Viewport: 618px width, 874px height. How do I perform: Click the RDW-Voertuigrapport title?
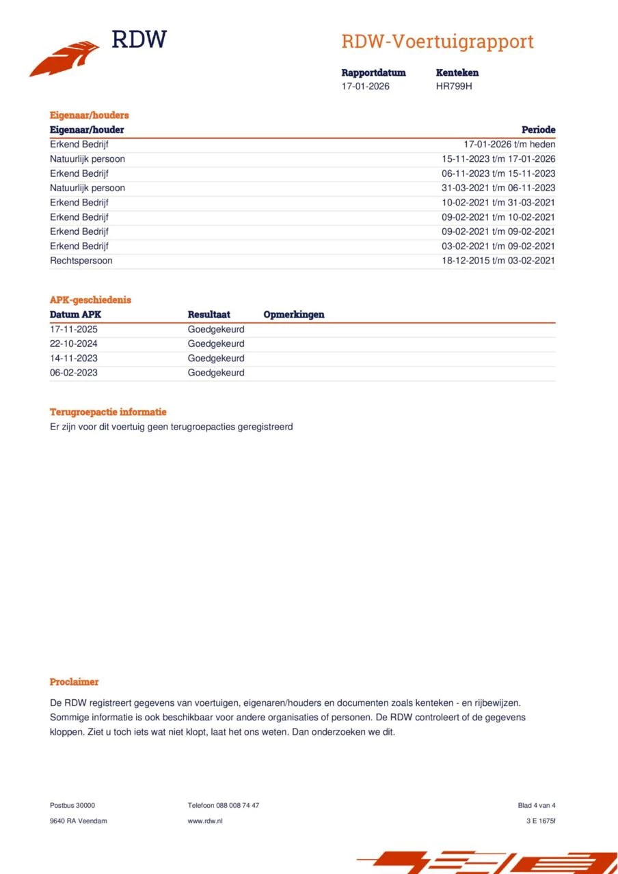[437, 42]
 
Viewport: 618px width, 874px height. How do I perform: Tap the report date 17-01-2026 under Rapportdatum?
[365, 87]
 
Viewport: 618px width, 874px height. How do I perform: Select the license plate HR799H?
[454, 87]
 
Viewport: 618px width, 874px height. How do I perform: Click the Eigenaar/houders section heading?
[89, 115]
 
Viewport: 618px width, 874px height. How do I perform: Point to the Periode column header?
[538, 130]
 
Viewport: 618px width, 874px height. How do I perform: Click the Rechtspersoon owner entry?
[81, 261]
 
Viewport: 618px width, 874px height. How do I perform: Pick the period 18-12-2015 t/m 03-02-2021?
[498, 261]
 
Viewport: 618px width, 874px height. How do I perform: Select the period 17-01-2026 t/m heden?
[509, 145]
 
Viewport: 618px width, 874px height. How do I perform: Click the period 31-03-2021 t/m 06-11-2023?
[498, 188]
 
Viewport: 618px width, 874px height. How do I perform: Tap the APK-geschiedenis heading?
[90, 300]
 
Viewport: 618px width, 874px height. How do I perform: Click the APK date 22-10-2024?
[73, 344]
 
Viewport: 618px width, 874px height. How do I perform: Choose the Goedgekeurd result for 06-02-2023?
[215, 373]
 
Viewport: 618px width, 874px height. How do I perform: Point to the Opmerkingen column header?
[293, 315]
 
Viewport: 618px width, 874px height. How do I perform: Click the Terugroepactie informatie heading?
[108, 412]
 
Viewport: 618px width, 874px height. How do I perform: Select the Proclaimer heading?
[74, 682]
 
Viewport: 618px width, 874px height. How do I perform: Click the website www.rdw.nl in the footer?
[204, 821]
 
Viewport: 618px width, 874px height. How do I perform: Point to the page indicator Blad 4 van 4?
[537, 806]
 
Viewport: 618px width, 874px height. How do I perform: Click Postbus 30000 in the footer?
[72, 806]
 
